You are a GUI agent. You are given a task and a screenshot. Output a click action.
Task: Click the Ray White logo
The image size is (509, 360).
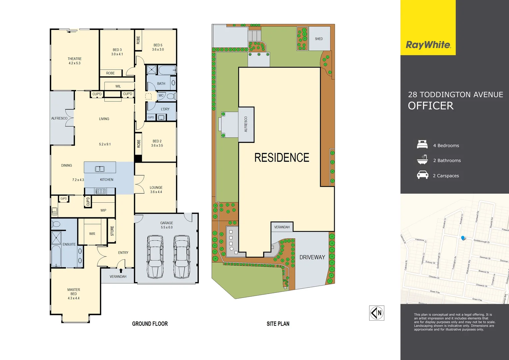point(428,45)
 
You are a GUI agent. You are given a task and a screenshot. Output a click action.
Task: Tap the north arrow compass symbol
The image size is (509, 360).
point(377,313)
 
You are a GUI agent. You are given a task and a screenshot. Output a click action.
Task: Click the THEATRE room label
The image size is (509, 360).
point(74,59)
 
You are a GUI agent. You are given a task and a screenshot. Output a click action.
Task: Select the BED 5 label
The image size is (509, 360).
point(158,45)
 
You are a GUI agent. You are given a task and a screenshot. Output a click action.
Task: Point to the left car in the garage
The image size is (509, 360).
point(155,256)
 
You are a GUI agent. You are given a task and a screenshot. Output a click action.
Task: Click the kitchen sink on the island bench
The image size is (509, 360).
point(100,169)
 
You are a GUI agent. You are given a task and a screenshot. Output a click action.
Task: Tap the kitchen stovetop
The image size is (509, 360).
point(100,191)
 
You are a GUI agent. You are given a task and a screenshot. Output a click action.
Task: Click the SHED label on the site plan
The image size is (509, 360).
point(319,39)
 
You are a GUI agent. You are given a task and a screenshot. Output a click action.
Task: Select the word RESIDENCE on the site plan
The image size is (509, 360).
point(282,158)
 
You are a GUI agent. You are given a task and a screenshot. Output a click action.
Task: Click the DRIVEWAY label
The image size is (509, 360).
point(312,257)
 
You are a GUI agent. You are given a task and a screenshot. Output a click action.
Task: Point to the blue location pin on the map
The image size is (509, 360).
point(463,238)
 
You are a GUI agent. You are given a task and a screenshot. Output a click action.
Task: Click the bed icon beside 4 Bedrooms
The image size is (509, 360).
point(422,144)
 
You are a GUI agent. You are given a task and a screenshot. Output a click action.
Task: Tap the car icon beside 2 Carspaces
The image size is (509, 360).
point(422,175)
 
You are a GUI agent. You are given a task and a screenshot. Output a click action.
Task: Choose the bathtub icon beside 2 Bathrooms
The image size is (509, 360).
point(422,160)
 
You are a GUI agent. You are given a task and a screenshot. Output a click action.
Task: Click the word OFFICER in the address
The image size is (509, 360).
point(431,106)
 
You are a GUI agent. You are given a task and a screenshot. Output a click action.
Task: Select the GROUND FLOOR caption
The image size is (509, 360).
point(150,324)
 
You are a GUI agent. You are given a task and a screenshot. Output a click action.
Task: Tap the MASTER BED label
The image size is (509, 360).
point(74,292)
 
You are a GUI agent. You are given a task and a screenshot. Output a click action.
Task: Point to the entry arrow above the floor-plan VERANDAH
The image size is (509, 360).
point(121,271)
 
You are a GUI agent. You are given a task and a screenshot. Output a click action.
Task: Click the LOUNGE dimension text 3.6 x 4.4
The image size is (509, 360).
point(156,192)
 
